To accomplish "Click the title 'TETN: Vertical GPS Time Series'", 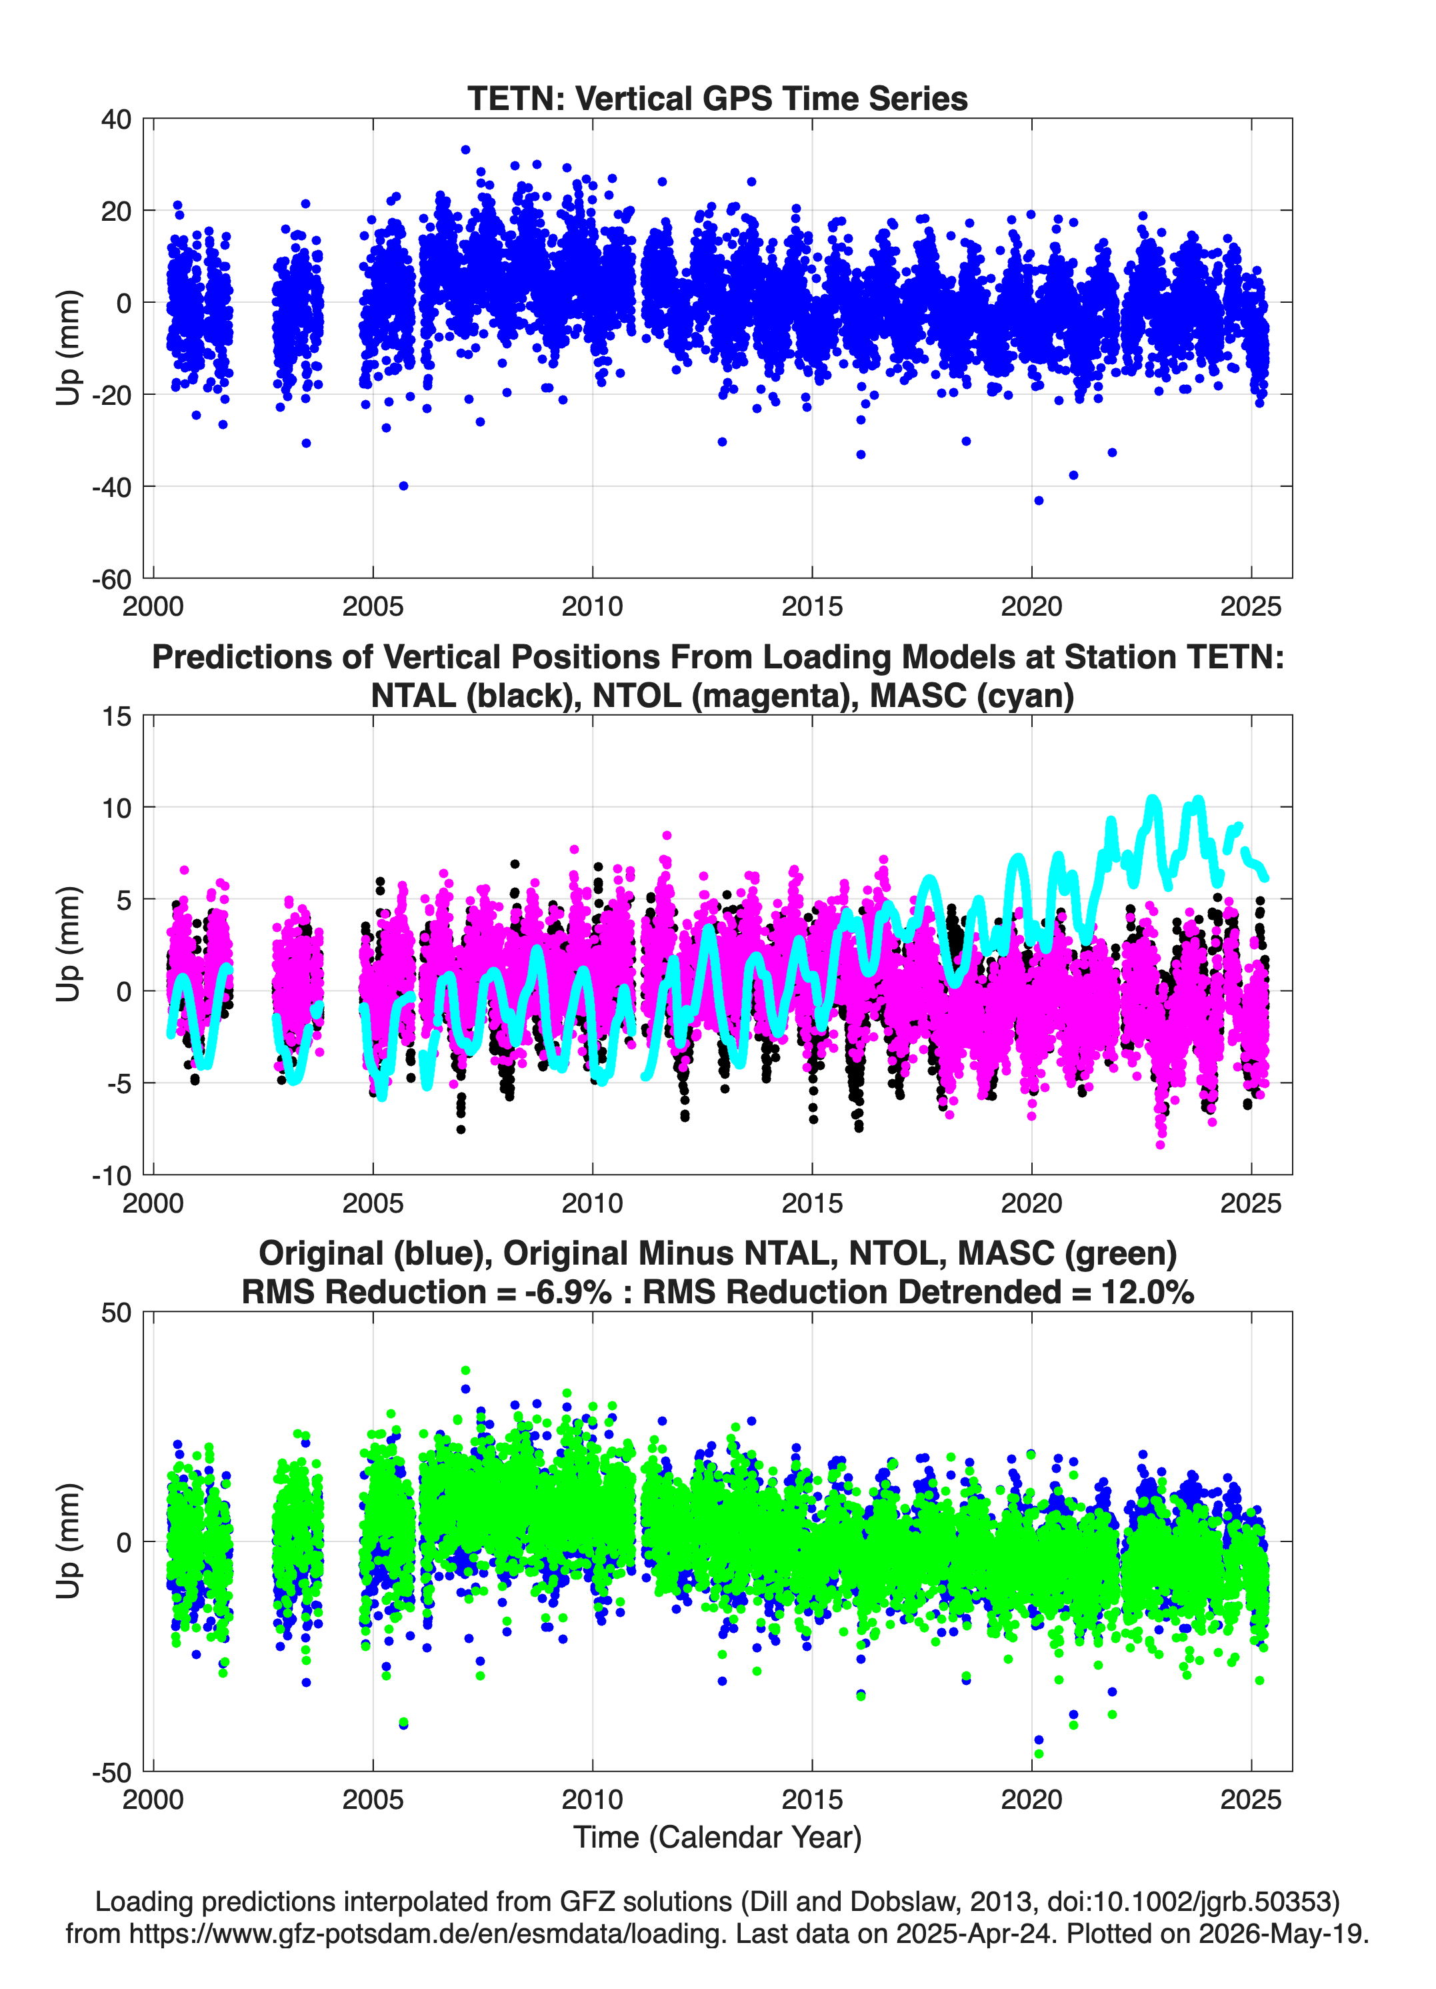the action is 717,98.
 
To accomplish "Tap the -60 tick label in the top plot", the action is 111,580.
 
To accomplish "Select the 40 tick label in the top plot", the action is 117,119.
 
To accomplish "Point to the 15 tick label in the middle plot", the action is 117,716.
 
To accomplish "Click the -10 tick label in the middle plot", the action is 111,1176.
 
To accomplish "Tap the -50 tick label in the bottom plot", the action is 111,1772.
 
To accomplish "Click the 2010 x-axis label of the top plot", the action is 593,606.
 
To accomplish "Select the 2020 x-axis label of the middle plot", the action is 1032,1203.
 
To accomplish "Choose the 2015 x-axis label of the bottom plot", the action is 812,1800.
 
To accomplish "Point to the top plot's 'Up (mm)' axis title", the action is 69,348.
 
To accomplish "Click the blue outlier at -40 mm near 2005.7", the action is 403,486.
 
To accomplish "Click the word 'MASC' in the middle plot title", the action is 913,696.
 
